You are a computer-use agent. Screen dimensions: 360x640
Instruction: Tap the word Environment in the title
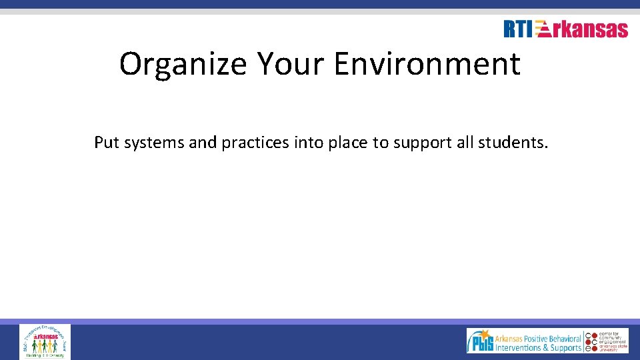click(x=427, y=65)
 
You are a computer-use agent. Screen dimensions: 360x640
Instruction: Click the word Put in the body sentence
click(x=106, y=142)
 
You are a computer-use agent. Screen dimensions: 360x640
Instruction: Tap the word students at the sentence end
click(x=515, y=142)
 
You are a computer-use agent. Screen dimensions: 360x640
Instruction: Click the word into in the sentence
click(x=309, y=142)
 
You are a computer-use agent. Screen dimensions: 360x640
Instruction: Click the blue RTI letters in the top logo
click(x=518, y=29)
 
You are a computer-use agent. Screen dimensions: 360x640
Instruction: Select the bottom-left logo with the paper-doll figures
click(x=45, y=341)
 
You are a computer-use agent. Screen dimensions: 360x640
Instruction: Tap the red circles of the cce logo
click(x=589, y=341)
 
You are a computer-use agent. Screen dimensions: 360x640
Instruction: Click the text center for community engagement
click(x=609, y=337)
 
